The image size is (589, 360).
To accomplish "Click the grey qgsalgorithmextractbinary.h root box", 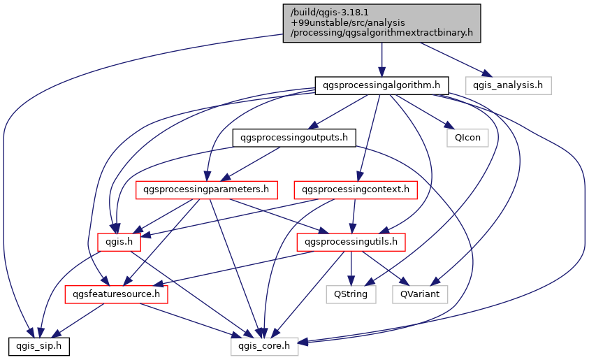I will click(x=382, y=23).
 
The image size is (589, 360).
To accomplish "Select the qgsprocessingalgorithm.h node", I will click(x=381, y=86).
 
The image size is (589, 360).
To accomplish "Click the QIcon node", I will click(x=467, y=138).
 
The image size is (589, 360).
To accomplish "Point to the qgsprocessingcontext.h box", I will click(x=356, y=189).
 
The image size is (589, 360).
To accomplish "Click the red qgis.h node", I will click(x=119, y=242).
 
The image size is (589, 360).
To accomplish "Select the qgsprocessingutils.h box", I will click(x=351, y=242).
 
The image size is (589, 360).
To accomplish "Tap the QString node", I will click(x=351, y=294).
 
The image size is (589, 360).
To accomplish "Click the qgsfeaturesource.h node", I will click(x=117, y=294).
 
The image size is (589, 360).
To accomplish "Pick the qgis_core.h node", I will click(x=265, y=345).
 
